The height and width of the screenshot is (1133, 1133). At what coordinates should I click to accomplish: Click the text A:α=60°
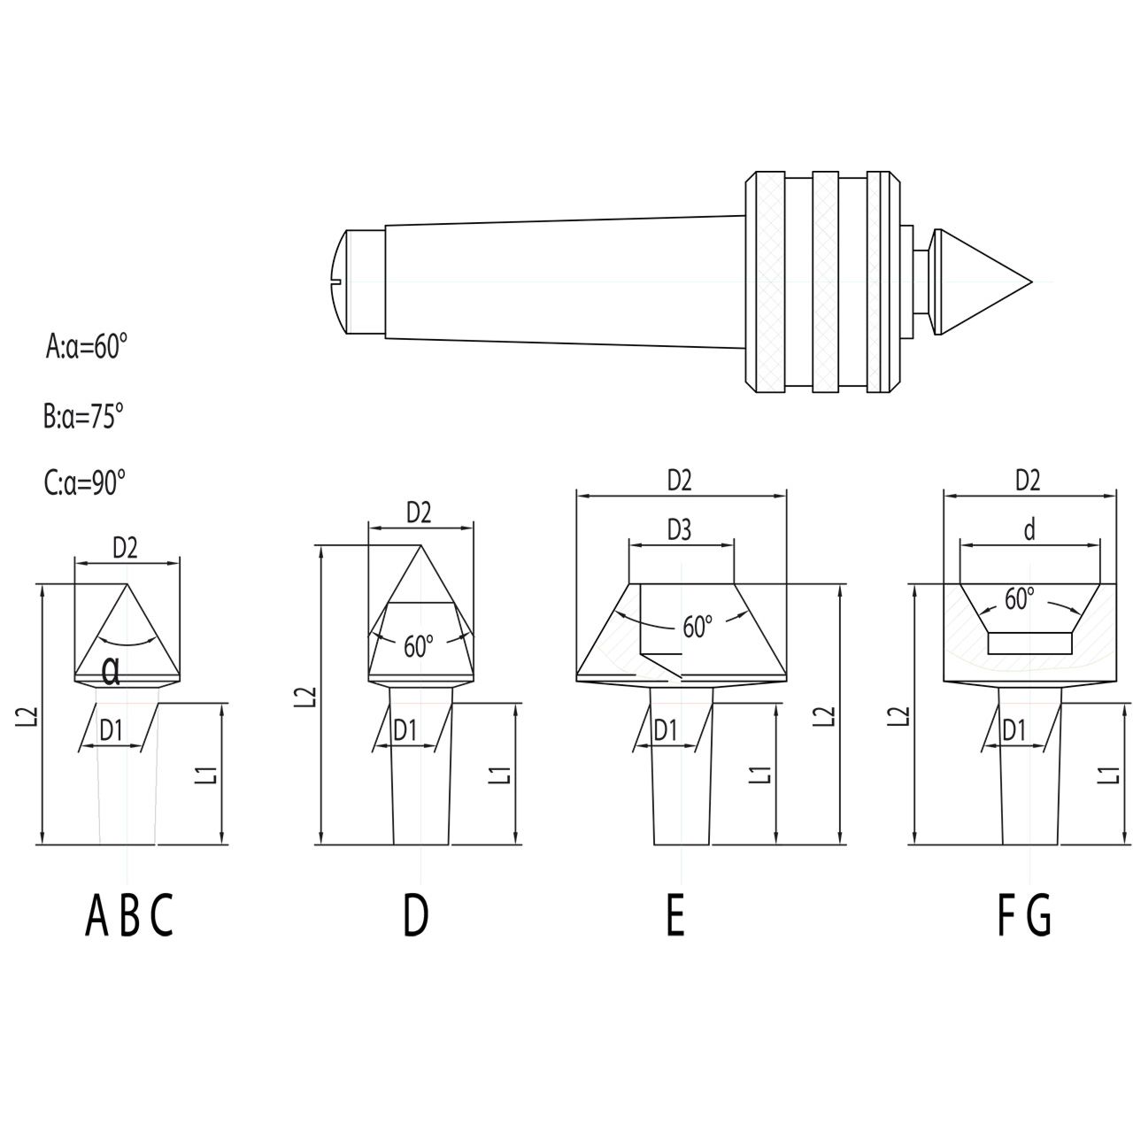[x=87, y=346]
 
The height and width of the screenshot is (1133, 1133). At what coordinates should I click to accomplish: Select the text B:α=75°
[x=83, y=415]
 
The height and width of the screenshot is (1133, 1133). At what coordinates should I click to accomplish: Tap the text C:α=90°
[x=85, y=483]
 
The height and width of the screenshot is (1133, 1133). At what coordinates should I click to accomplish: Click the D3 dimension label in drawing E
[x=680, y=529]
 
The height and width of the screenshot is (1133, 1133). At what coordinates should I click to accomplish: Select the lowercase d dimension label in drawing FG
[x=1029, y=529]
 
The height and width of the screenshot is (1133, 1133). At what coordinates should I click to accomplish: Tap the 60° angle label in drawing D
[x=420, y=646]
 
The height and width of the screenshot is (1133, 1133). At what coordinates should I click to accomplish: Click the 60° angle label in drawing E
[x=698, y=627]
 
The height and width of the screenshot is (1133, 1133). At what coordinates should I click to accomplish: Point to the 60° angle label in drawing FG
[x=1020, y=599]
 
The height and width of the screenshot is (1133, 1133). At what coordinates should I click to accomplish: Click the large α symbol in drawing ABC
[x=112, y=672]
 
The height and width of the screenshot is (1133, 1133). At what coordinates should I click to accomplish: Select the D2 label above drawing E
[x=679, y=480]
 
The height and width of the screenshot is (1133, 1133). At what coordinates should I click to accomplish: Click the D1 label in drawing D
[x=405, y=730]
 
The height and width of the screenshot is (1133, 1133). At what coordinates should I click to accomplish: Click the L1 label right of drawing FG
[x=1106, y=774]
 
